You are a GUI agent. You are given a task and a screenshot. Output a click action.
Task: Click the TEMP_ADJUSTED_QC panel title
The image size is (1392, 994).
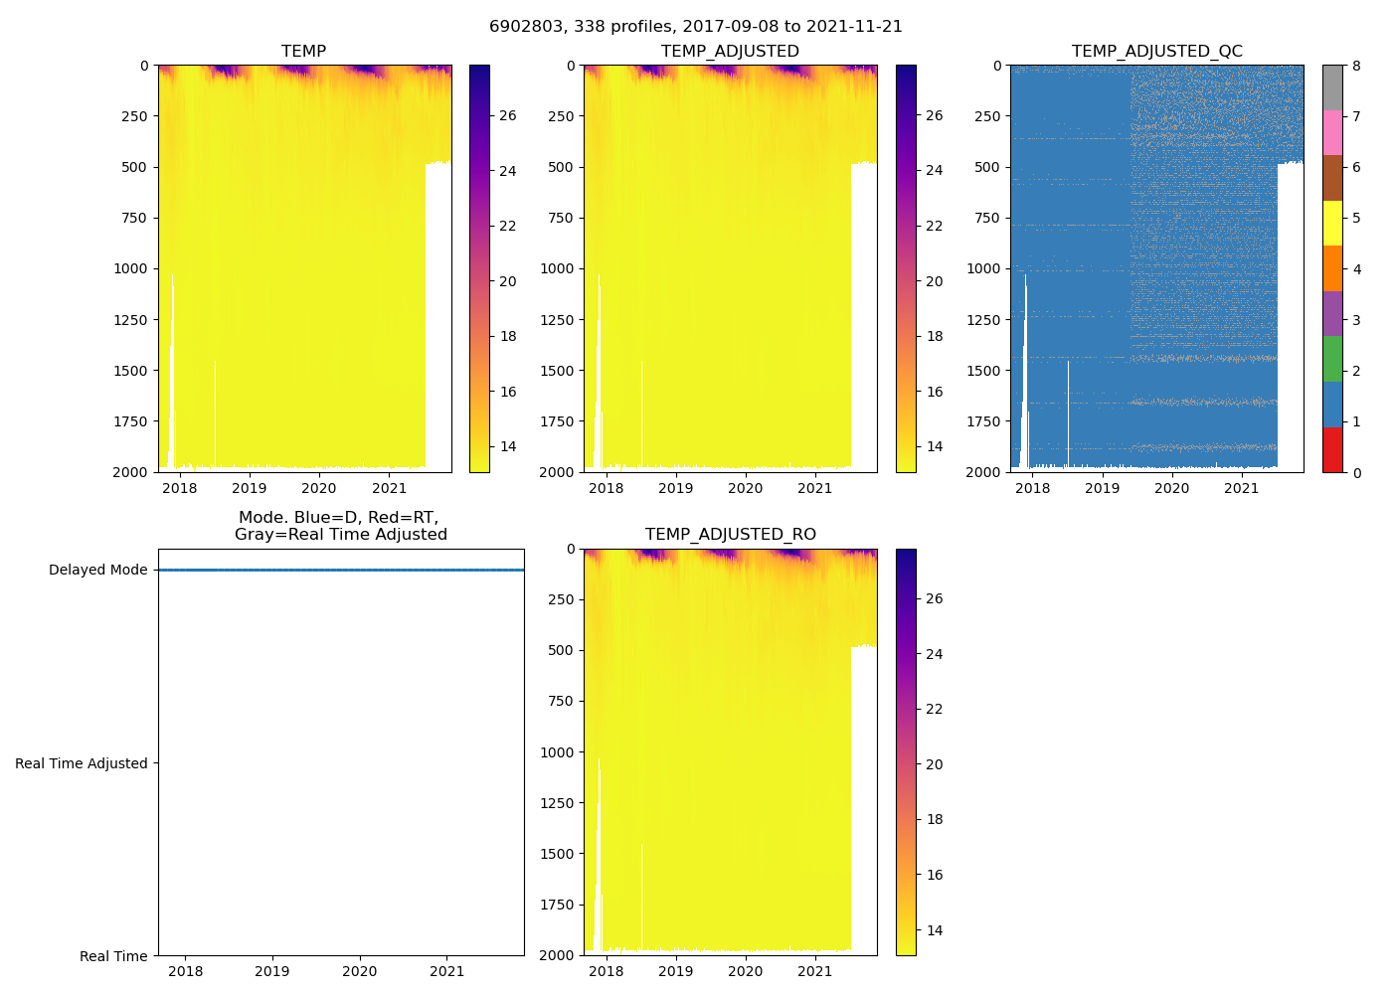pos(1156,52)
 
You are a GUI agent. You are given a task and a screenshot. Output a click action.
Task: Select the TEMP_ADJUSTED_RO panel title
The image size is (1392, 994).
pos(730,535)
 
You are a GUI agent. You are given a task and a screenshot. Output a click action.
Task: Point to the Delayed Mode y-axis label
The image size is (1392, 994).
pos(97,571)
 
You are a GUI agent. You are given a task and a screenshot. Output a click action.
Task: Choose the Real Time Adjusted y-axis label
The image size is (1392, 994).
pos(81,763)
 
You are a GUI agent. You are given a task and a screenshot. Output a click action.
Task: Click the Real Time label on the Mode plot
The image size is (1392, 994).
pos(113,956)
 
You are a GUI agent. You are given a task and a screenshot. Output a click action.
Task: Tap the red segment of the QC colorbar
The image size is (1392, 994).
pos(1332,449)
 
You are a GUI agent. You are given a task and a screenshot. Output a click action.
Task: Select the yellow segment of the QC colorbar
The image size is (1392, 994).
pos(1332,224)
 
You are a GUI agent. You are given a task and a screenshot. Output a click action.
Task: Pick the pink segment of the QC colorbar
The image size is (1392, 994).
pos(1332,133)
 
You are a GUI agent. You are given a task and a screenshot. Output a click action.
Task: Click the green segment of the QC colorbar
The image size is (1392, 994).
pos(1332,359)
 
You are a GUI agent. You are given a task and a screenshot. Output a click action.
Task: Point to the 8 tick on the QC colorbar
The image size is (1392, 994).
pos(1356,66)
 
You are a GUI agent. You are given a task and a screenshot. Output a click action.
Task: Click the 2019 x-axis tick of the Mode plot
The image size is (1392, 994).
pos(272,971)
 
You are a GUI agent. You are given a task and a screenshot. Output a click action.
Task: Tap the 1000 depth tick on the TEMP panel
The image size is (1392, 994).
pos(131,268)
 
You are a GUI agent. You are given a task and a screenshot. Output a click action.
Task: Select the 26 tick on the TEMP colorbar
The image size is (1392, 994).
pos(507,116)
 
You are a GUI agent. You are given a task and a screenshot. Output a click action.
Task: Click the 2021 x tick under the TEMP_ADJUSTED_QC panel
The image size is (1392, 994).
pos(1242,488)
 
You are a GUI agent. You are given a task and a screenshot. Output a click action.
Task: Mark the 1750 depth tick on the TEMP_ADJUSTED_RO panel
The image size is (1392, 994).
pos(557,905)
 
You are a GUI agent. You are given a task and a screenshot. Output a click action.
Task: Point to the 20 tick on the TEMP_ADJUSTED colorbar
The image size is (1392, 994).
pos(935,281)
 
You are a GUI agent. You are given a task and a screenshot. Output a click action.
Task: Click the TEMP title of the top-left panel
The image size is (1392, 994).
pos(303,52)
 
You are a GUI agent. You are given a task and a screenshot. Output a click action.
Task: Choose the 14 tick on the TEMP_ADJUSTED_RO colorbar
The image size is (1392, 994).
pos(935,930)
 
